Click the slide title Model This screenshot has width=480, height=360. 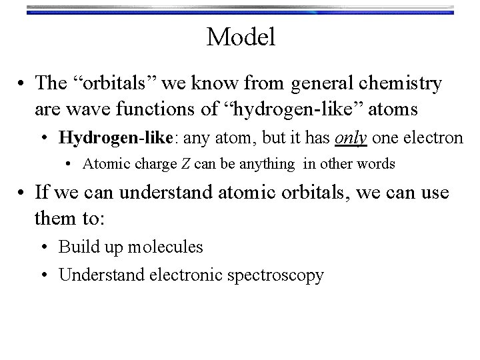click(x=240, y=37)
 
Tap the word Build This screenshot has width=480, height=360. click(x=76, y=247)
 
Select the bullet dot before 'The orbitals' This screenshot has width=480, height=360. click(x=23, y=85)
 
